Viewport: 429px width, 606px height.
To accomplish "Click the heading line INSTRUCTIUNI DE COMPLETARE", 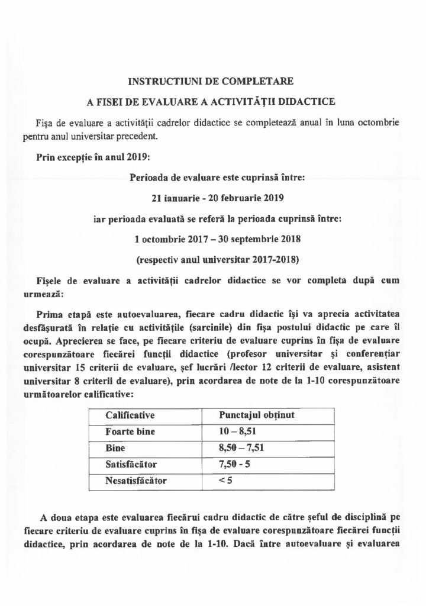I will tap(214, 79).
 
